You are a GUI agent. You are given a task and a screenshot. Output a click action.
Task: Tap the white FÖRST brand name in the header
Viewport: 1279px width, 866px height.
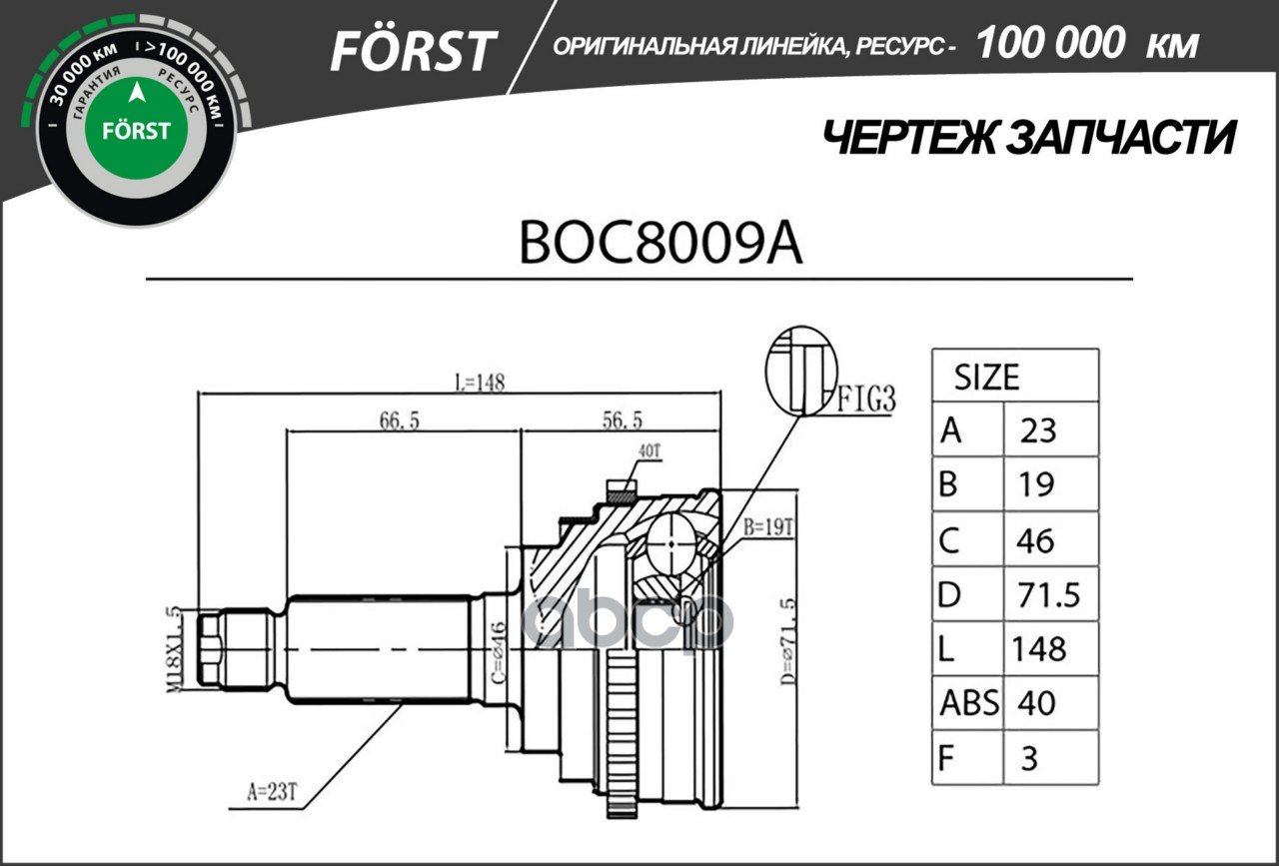[x=413, y=50]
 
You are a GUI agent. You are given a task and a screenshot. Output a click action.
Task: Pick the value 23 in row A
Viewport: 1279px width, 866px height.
[x=1038, y=431]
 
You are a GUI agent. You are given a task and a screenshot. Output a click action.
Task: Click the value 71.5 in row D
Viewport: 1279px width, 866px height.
[x=1049, y=595]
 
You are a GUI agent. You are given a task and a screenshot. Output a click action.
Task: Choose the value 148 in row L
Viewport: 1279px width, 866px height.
[x=1039, y=649]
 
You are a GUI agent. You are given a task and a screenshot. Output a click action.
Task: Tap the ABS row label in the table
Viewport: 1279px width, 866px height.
[x=968, y=703]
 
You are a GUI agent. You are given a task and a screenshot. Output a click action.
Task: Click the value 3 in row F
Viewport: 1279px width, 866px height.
[x=1029, y=758]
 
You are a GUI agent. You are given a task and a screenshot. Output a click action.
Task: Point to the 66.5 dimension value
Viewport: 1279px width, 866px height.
[x=399, y=423]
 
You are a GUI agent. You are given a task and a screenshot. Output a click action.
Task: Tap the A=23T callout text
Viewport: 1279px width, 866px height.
[x=272, y=794]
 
